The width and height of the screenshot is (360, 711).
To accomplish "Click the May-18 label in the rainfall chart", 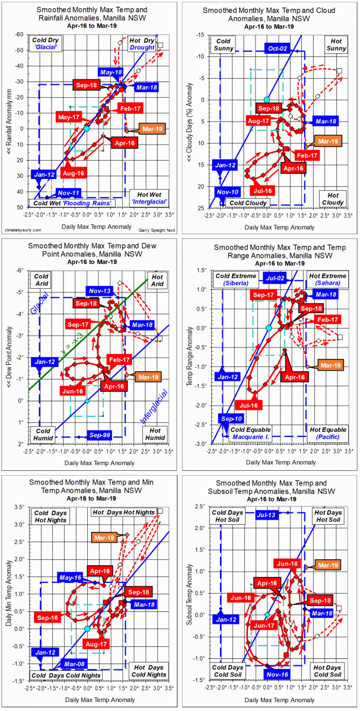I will [111, 72].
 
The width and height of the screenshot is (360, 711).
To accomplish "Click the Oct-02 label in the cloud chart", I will [278, 49].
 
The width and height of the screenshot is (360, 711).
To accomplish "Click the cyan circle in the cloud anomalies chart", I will [267, 100].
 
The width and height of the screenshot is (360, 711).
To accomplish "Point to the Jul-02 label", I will [279, 278].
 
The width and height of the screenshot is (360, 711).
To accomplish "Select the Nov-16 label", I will [278, 674].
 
